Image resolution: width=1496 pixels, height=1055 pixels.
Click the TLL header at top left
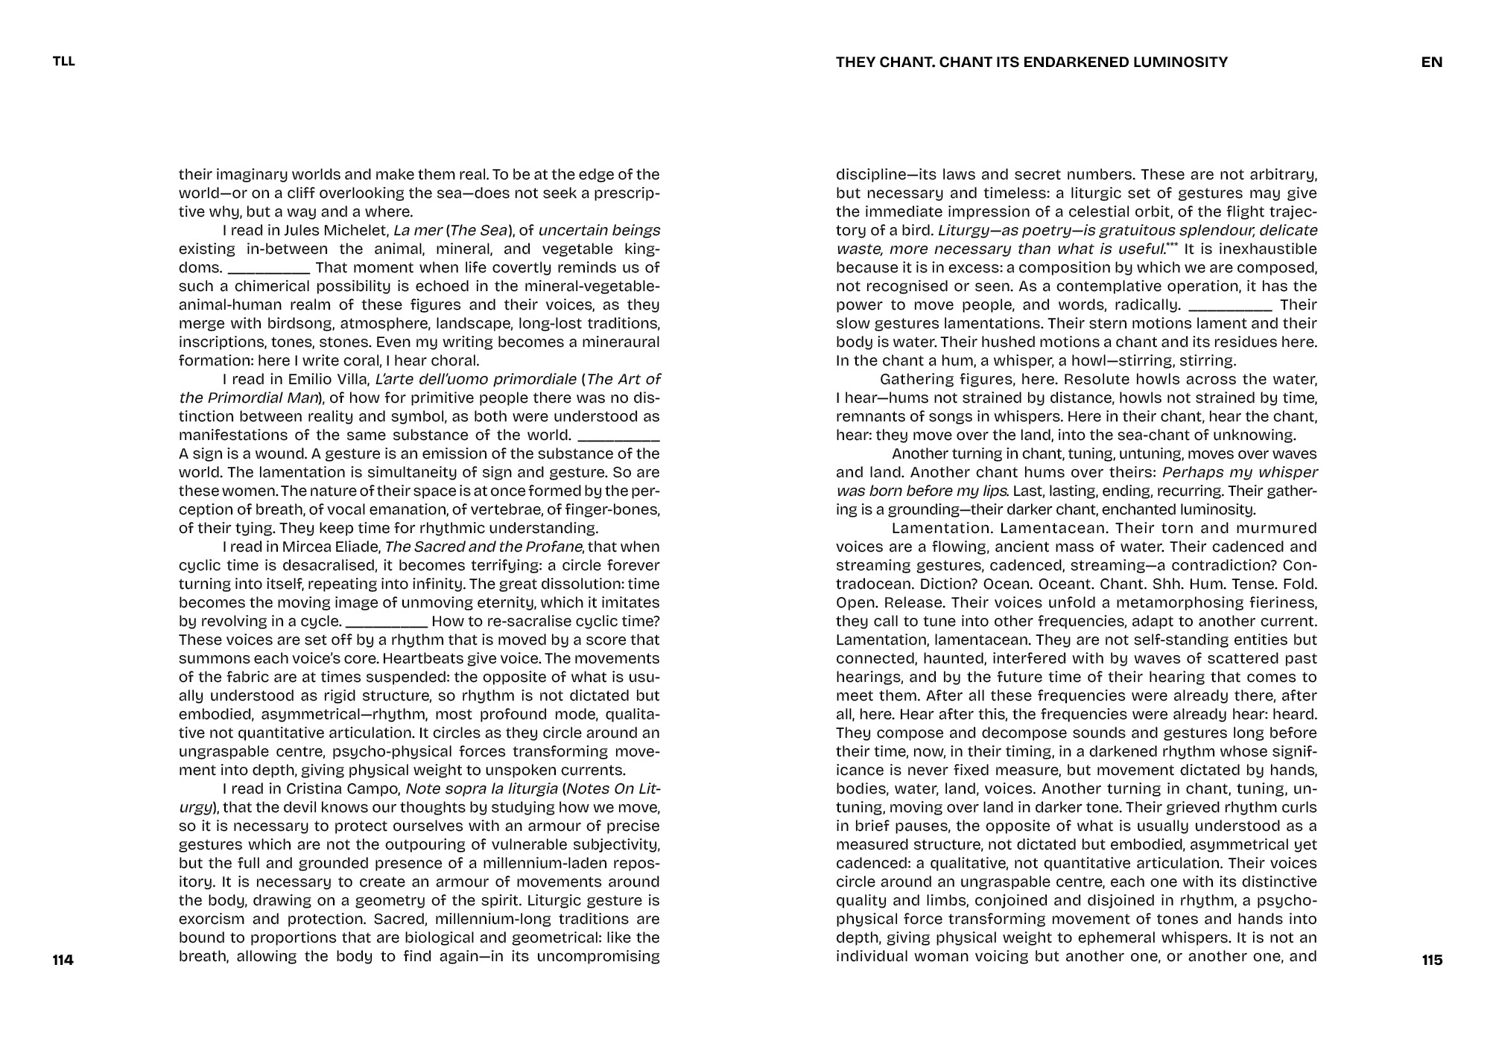(64, 62)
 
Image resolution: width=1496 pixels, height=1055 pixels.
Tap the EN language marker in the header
(1431, 62)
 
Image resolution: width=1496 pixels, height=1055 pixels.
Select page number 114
(63, 960)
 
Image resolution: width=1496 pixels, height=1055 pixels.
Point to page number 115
(1432, 960)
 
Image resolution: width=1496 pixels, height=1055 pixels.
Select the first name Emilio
(288, 379)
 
